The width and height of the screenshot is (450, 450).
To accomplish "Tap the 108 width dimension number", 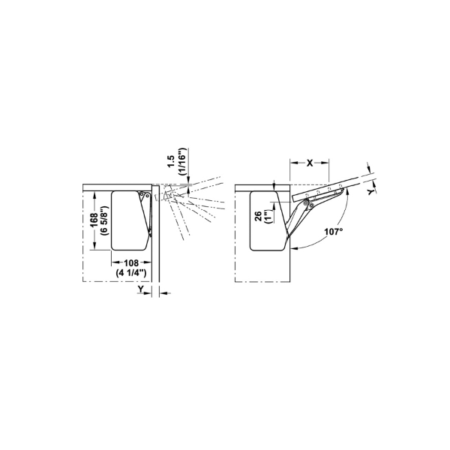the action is tap(131, 263).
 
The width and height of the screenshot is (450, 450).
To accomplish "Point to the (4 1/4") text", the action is tap(131, 273).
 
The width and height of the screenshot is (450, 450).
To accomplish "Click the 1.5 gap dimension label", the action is tap(171, 162).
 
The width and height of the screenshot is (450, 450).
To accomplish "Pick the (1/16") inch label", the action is tap(182, 162).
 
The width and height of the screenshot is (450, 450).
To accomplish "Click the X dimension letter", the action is tap(310, 163).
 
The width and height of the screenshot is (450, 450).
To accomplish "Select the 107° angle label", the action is tap(334, 231).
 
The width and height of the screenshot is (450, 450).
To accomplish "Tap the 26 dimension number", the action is tap(258, 215).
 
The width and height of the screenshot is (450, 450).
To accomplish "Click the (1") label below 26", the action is tap(268, 216).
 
